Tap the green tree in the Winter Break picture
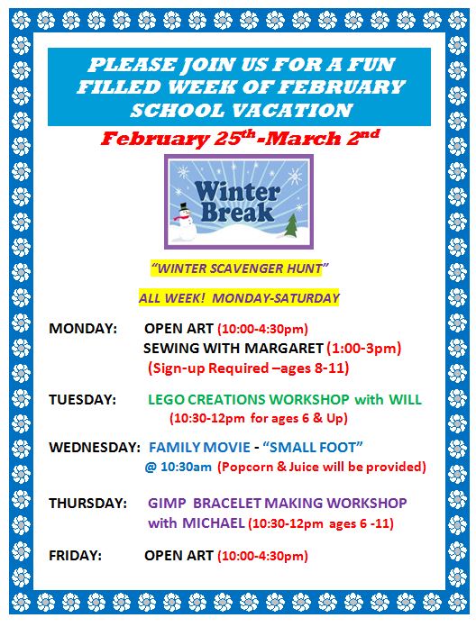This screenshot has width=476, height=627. (x=291, y=225)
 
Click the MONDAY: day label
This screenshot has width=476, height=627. (x=83, y=328)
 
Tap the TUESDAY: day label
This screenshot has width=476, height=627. (x=82, y=399)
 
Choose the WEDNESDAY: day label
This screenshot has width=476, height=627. (x=95, y=447)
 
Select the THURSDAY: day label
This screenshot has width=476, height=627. (x=87, y=503)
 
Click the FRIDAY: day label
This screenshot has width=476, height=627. (x=75, y=556)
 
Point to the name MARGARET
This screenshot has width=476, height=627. (x=283, y=349)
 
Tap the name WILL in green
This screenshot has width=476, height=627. (x=405, y=399)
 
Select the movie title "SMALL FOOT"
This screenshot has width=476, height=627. (x=313, y=447)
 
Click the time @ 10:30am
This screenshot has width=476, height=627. (x=178, y=467)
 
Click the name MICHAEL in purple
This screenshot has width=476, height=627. (x=214, y=523)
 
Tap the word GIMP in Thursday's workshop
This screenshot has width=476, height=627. (x=167, y=503)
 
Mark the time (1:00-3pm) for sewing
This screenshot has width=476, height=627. (x=364, y=349)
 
